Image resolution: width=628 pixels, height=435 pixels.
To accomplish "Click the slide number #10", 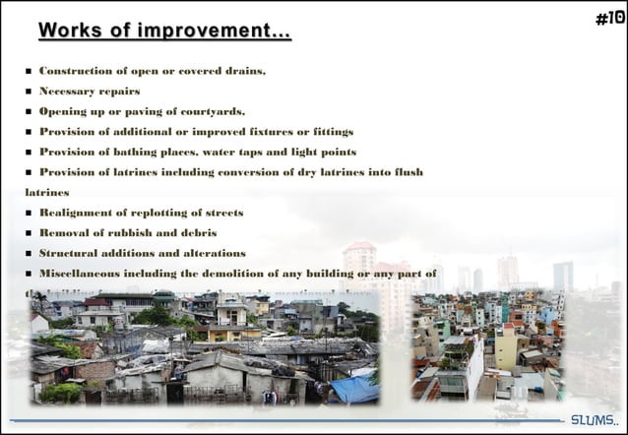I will (x=609, y=18).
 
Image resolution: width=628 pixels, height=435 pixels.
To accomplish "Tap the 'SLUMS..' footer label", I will (x=593, y=420).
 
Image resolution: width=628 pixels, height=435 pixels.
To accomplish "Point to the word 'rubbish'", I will (x=127, y=233).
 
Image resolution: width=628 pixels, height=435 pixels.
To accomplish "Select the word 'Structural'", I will (x=72, y=253).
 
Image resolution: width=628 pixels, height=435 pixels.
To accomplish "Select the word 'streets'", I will (x=220, y=213).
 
